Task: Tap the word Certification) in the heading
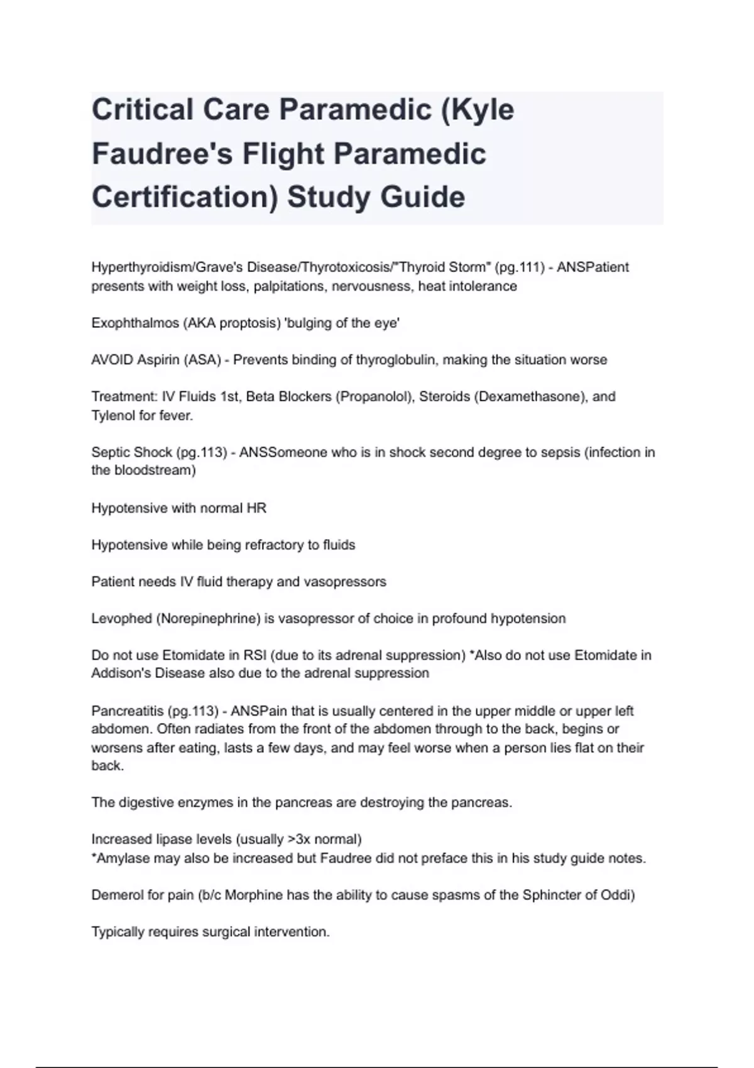click(185, 197)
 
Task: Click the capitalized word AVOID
click(112, 360)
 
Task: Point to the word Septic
click(109, 452)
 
